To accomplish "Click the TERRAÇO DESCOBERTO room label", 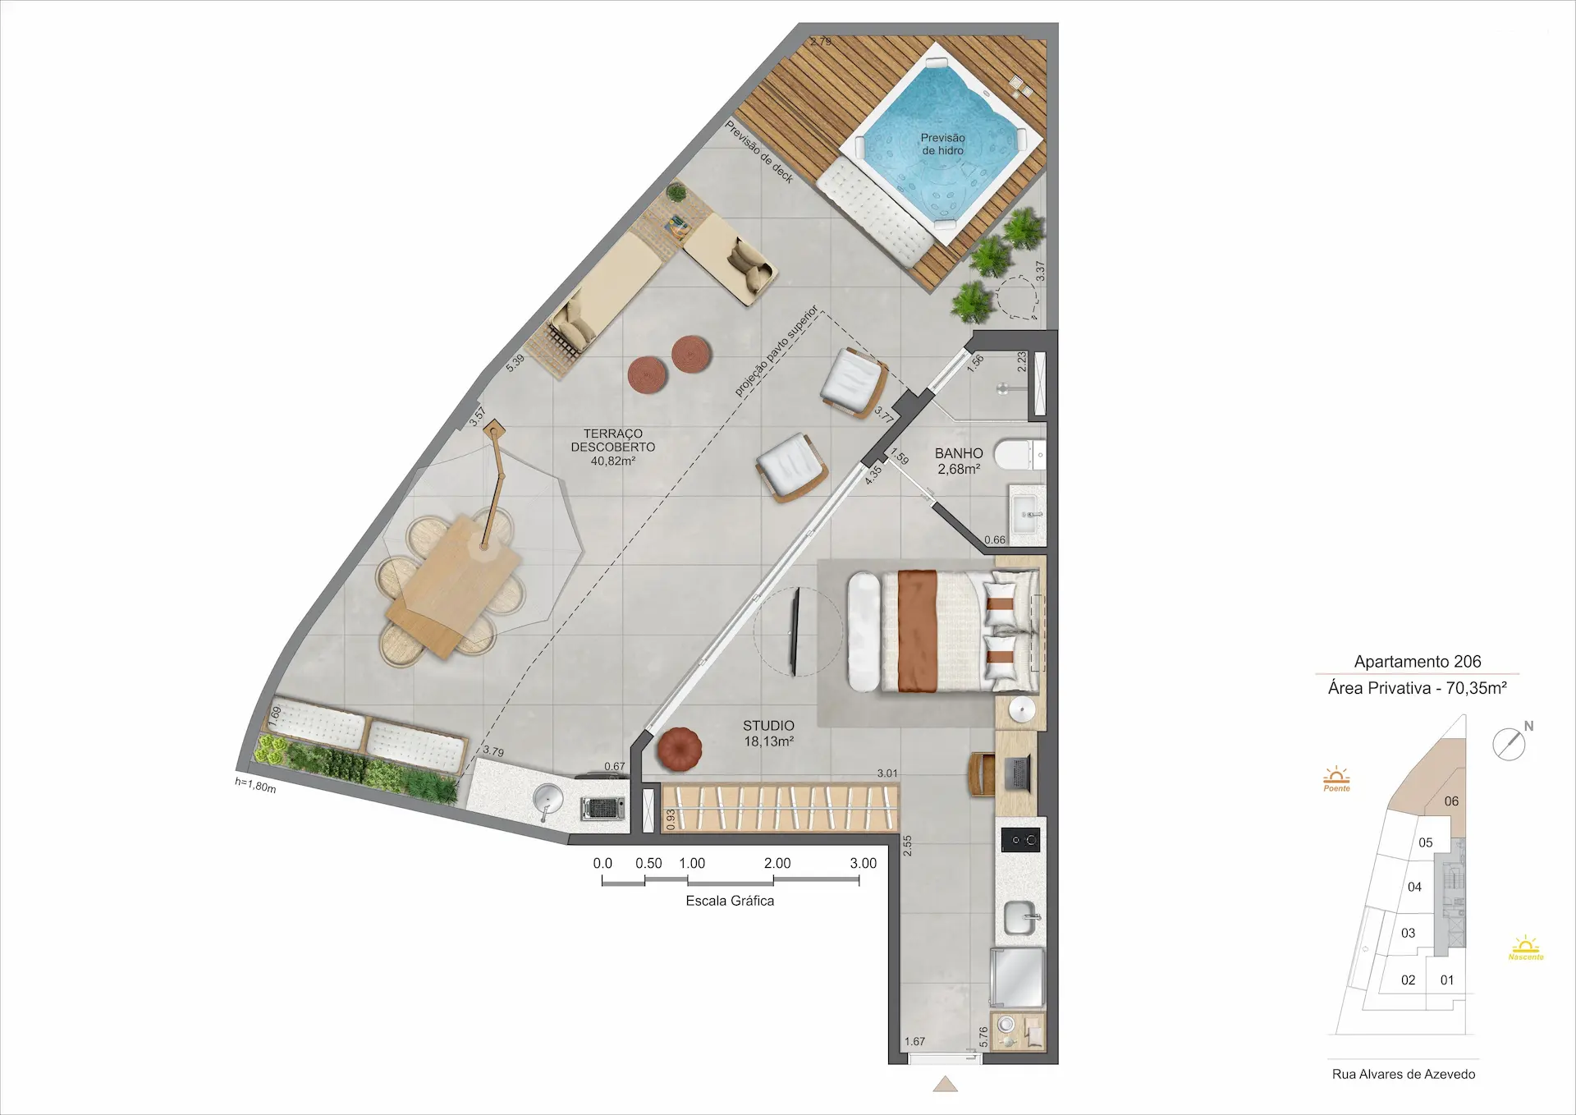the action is coord(613,447).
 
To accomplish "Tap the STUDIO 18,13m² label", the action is coord(768,733).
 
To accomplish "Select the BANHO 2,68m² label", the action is coord(959,461).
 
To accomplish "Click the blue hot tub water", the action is coord(942,145).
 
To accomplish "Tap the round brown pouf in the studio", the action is coord(680,750).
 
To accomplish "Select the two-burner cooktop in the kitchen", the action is coord(1021,840).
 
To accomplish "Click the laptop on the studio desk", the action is coord(1018,773).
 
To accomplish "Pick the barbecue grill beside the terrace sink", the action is coord(602,808).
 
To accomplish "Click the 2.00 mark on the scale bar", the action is coord(777,863).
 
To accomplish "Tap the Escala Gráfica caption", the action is coord(730,901).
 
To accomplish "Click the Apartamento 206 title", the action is coord(1418,661).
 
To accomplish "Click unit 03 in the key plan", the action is coord(1409,933).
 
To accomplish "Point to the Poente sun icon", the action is coord(1336,778).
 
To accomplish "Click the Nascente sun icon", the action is coord(1526,948).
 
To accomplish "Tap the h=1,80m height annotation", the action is coord(255,785).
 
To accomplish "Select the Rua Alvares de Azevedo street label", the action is coord(1404,1074).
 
